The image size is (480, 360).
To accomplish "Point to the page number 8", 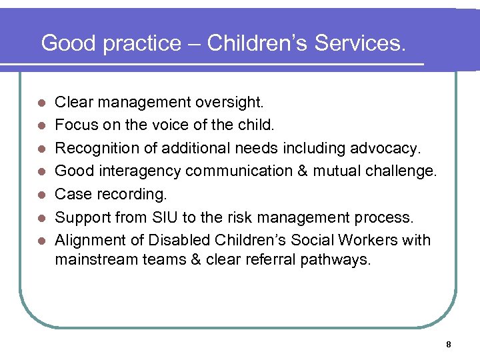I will coord(449,345).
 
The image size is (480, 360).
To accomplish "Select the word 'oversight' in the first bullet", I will coord(231,103).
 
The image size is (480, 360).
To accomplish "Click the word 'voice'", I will coord(178,125).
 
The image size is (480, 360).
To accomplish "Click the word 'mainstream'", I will coord(95,259).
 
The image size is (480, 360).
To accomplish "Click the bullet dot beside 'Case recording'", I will coord(41,195).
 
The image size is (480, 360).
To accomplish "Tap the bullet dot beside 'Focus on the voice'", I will coord(41,126).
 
